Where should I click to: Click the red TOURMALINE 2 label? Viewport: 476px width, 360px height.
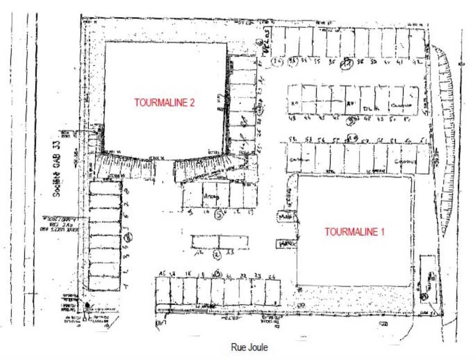pyautogui.click(x=164, y=103)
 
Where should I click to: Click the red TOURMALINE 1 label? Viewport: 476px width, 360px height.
pyautogui.click(x=355, y=232)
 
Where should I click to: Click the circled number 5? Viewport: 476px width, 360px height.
pyautogui.click(x=219, y=215)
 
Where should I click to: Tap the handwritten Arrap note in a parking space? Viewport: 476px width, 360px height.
pyautogui.click(x=209, y=197)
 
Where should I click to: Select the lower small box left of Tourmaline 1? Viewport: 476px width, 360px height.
pyautogui.click(x=287, y=243)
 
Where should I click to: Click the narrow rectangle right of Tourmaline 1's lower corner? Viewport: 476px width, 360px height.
pyautogui.click(x=426, y=279)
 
